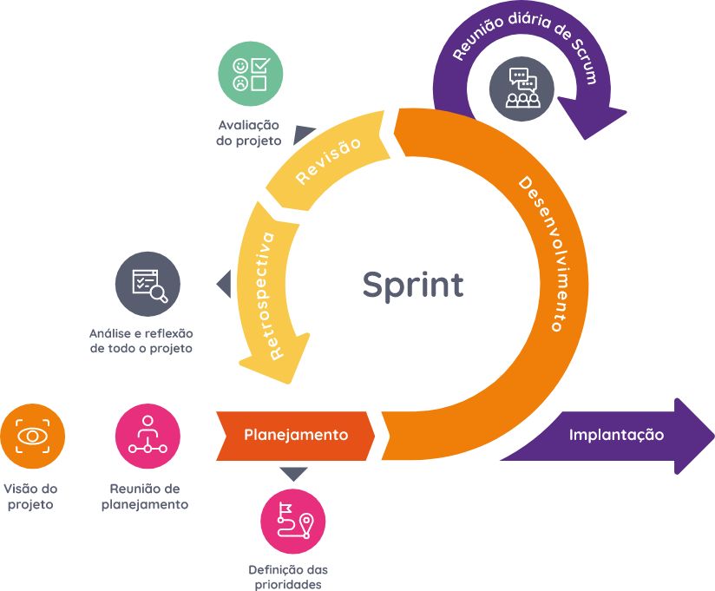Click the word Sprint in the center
point(413,285)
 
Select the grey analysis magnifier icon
point(148,284)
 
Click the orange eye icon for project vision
point(32,436)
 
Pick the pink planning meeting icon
point(148,436)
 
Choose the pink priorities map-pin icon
point(293,521)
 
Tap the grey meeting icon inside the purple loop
point(521,88)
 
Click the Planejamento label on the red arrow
point(296,435)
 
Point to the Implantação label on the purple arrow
point(616,435)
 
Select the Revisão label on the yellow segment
point(328,160)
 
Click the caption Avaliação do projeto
point(249,133)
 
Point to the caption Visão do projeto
point(31,496)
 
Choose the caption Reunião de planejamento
point(145,496)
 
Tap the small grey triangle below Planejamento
point(294,474)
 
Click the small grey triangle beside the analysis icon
point(224,284)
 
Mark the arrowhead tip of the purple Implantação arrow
point(712,435)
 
